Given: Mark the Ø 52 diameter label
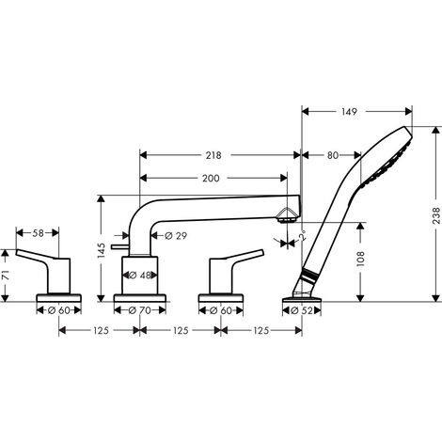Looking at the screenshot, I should pyautogui.click(x=303, y=310).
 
